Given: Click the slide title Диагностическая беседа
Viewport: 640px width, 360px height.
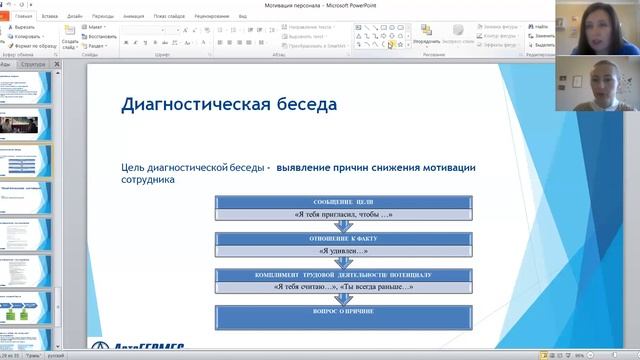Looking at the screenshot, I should coord(229,104).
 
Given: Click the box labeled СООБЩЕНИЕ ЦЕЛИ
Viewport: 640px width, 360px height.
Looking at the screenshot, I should coord(342,202).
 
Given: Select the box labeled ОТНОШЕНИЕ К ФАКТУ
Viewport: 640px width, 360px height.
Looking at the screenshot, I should coord(342,238).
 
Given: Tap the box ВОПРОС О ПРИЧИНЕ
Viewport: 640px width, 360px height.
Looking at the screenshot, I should coord(342,310).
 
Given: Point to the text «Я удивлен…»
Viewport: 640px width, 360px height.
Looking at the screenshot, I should coord(342,251).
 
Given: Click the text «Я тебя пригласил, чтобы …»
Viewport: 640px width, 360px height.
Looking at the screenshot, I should coord(342,215).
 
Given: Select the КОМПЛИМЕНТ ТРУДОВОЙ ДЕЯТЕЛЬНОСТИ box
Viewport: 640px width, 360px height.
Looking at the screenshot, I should coord(342,274).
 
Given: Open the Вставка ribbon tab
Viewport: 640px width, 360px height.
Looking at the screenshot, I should coord(50,16).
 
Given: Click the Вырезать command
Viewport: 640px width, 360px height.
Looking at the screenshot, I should coord(27,27).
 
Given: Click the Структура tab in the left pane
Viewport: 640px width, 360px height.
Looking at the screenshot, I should coord(33,64).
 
